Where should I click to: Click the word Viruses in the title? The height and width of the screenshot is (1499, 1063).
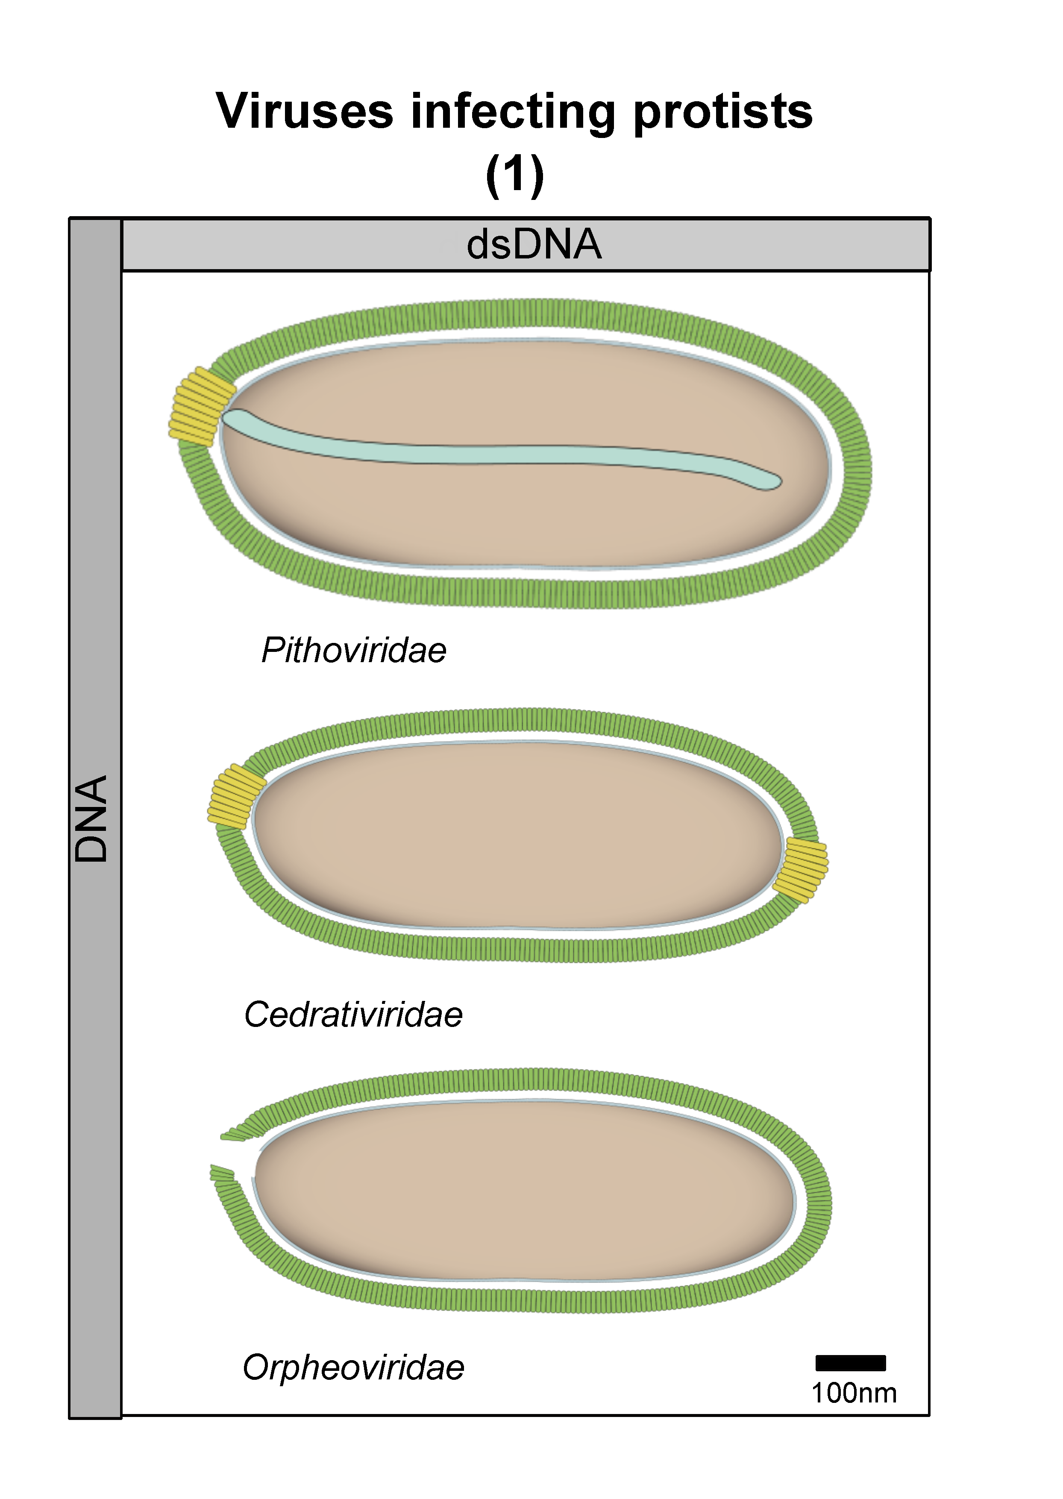tap(304, 111)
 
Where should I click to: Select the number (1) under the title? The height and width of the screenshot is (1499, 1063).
tap(515, 175)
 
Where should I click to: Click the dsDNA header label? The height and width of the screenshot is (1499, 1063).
tap(534, 244)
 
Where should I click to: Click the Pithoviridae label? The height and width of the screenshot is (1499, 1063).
tap(353, 650)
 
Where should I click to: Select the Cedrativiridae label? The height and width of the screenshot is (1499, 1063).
tap(353, 1015)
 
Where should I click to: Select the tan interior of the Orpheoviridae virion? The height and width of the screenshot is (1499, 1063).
tap(524, 1191)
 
